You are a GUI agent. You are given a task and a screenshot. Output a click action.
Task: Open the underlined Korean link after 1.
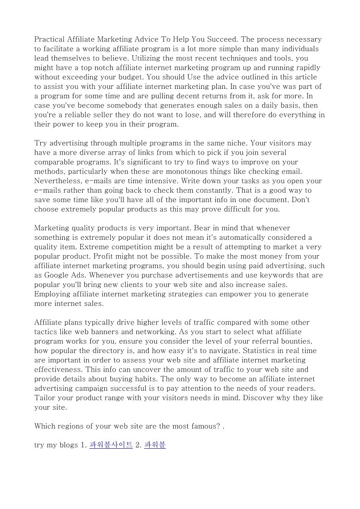tap(111, 445)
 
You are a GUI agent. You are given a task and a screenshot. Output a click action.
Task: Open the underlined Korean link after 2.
tap(155, 445)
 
